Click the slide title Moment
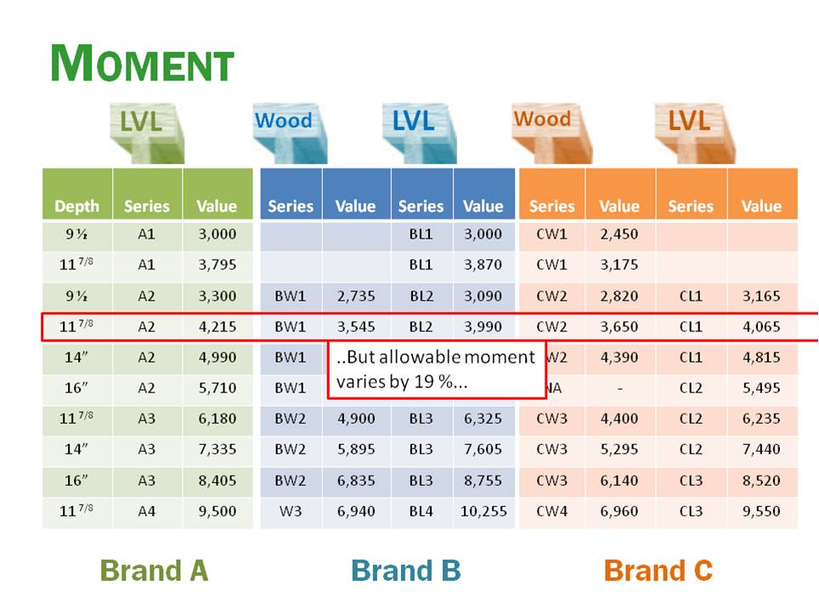pyautogui.click(x=142, y=64)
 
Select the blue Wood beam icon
pyautogui.click(x=285, y=131)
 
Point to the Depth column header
pyautogui.click(x=76, y=206)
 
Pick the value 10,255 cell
pyautogui.click(x=483, y=511)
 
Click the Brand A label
pyautogui.click(x=154, y=570)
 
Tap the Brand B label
pyautogui.click(x=405, y=570)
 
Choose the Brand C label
pyautogui.click(x=658, y=570)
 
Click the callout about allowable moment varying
pyautogui.click(x=436, y=369)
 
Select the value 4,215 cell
pyautogui.click(x=217, y=326)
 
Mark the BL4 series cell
pyautogui.click(x=421, y=511)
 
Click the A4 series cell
pyautogui.click(x=146, y=511)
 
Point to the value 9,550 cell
pyautogui.click(x=761, y=511)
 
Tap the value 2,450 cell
pyautogui.click(x=619, y=234)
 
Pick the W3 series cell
pyautogui.click(x=290, y=511)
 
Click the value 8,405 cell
pyautogui.click(x=217, y=480)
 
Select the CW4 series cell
pyautogui.click(x=551, y=511)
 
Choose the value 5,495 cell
pyautogui.click(x=761, y=388)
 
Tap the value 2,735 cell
pyautogui.click(x=355, y=296)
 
